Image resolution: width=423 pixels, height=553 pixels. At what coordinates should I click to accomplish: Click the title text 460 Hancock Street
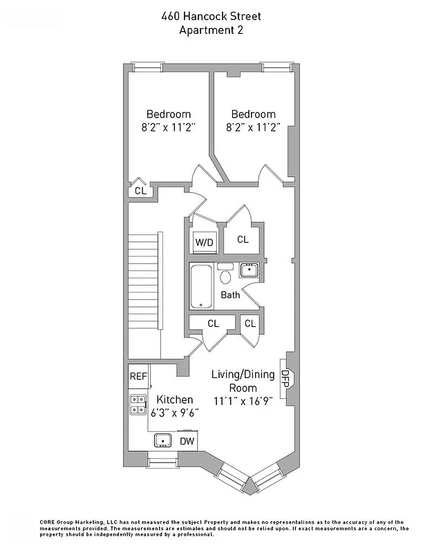[x=211, y=16]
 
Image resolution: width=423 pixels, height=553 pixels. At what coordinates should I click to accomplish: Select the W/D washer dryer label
[x=204, y=243]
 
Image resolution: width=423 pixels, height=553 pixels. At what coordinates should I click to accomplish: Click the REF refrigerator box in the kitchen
[x=138, y=377]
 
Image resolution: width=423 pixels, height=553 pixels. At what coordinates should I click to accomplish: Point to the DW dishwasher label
[x=187, y=441]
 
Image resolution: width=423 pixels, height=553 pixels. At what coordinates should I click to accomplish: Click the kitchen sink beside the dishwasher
[x=163, y=440]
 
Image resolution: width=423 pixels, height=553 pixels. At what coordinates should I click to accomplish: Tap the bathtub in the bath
[x=202, y=286]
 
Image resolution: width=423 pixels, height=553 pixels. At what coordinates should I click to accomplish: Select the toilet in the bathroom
[x=225, y=276]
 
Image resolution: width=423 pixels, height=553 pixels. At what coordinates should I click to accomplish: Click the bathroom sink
[x=249, y=270]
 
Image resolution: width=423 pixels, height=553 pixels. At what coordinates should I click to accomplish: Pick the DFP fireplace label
[x=285, y=377]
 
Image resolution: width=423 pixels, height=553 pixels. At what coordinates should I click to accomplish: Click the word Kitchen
[x=175, y=400]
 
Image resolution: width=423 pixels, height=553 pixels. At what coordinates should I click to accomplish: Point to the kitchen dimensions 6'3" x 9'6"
[x=175, y=413]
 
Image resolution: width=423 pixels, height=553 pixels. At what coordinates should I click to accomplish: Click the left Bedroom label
[x=168, y=114]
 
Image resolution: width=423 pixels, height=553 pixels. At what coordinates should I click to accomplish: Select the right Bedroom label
[x=253, y=114]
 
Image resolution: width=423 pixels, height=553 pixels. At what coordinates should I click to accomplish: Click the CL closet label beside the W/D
[x=243, y=240]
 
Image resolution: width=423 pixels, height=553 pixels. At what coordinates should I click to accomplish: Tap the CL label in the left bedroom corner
[x=140, y=190]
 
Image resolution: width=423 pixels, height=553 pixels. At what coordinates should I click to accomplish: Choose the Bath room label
[x=230, y=295]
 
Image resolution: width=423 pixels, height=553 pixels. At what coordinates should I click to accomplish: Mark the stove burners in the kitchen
[x=138, y=404]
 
